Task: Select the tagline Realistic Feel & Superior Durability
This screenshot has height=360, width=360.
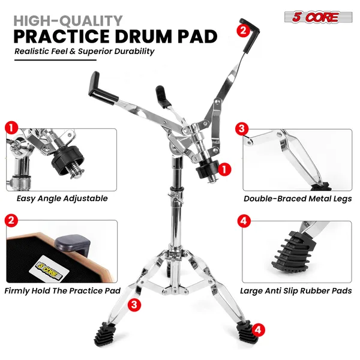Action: pos(85,51)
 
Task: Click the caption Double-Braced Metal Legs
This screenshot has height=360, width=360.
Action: pos(298,198)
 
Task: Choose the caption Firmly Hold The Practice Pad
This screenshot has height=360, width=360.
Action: pos(62,290)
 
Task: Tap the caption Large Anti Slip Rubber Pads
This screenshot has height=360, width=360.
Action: pos(297,291)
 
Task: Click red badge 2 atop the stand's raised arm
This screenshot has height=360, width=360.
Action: pos(243,29)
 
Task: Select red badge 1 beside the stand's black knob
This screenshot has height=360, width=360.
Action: pos(224,170)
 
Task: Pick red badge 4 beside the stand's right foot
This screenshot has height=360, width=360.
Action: pos(257,329)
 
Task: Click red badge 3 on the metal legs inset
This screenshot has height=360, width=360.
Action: pos(242,128)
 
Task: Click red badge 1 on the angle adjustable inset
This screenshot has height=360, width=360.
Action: pos(10,128)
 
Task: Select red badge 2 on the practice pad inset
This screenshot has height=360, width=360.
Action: pos(10,221)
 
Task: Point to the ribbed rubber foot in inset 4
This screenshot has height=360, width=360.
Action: pos(302,246)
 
